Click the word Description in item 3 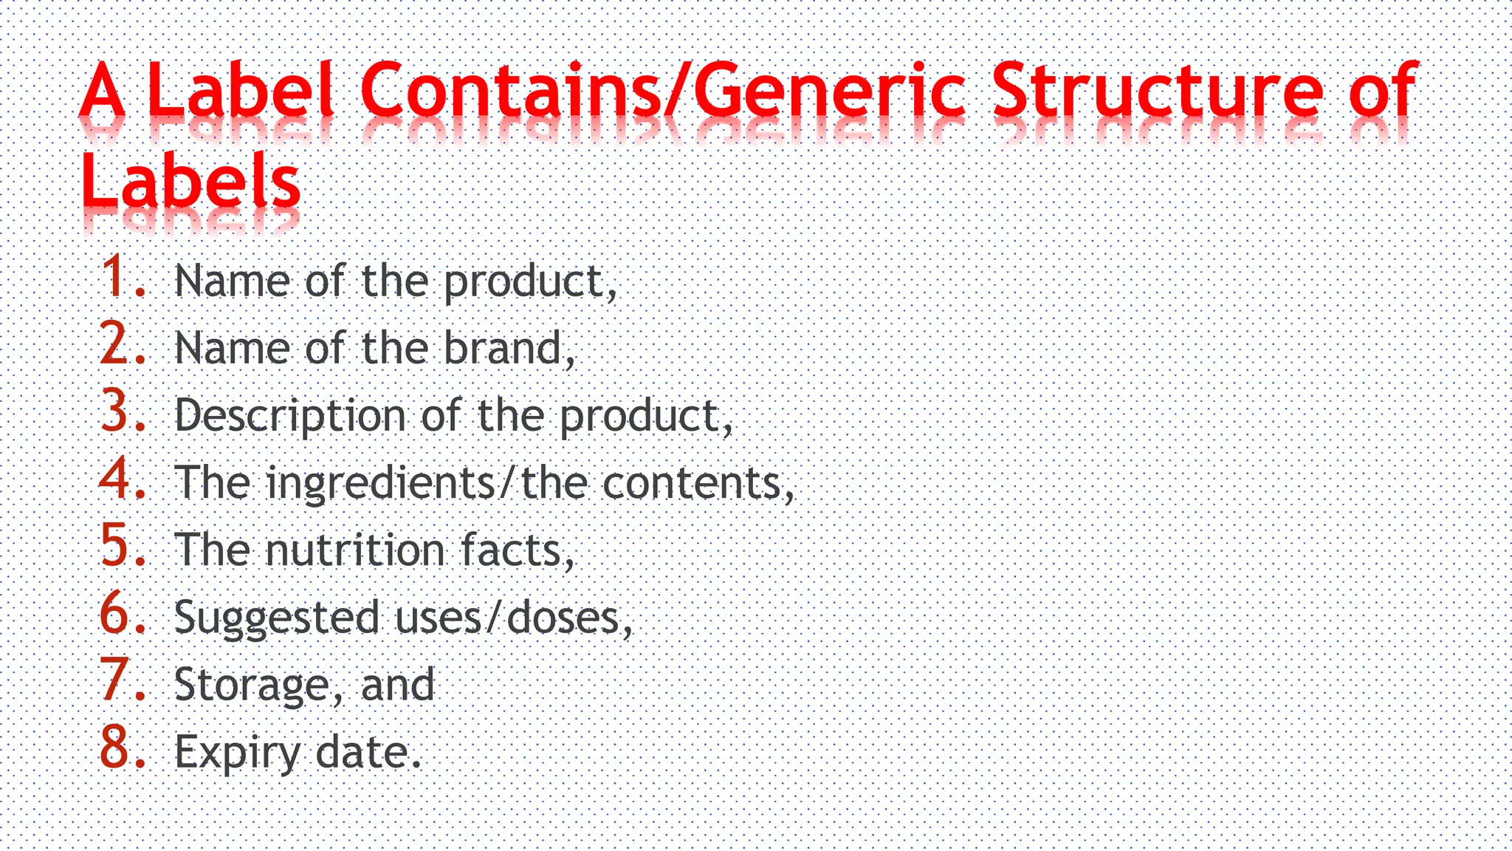pyautogui.click(x=290, y=416)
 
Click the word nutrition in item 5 pyautogui.click(x=354, y=550)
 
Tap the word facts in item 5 pyautogui.click(x=512, y=550)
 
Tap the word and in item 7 pyautogui.click(x=398, y=685)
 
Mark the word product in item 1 pyautogui.click(x=525, y=282)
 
